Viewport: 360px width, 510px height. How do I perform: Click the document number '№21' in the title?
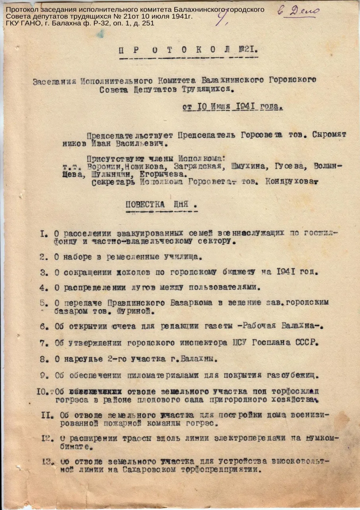point(248,51)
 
